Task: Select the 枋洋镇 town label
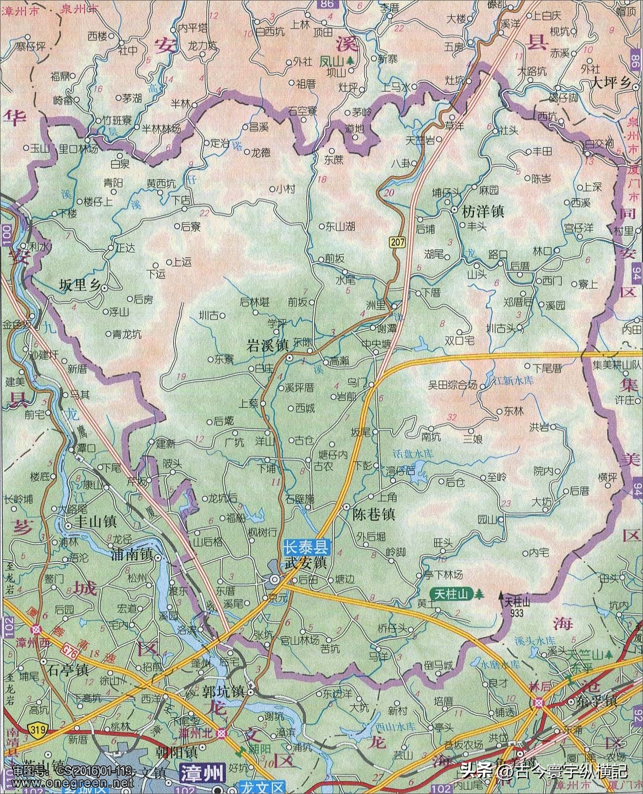[x=482, y=212]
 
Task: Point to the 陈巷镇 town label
[x=374, y=515]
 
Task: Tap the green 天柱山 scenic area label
[x=451, y=594]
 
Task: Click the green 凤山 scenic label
[x=331, y=61]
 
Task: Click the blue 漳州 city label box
[x=202, y=784]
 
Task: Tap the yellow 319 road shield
[x=35, y=728]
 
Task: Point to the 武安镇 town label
[x=305, y=562]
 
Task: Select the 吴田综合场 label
[x=453, y=384]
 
